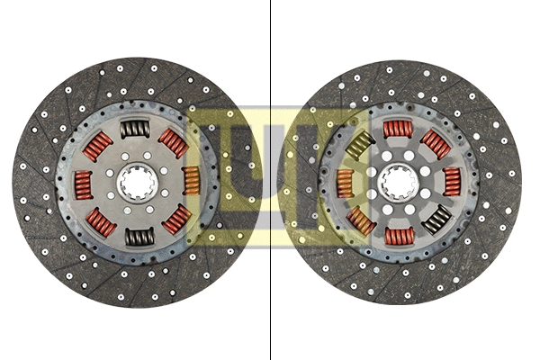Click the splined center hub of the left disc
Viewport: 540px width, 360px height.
[138, 183]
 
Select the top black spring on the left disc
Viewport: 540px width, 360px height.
[136, 130]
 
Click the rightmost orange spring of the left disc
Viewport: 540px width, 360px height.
[190, 180]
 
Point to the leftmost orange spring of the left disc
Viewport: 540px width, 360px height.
[84, 184]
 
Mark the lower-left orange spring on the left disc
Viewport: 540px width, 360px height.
[100, 222]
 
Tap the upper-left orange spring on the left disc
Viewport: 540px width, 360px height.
[98, 146]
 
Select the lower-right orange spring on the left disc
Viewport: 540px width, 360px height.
[176, 219]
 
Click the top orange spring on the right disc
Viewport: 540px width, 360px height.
[398, 129]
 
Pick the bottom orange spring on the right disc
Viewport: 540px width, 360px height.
[398, 236]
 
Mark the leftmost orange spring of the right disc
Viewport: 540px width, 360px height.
[344, 184]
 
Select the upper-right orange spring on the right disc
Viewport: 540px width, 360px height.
[436, 144]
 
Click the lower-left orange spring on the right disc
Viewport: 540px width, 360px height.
[360, 220]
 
